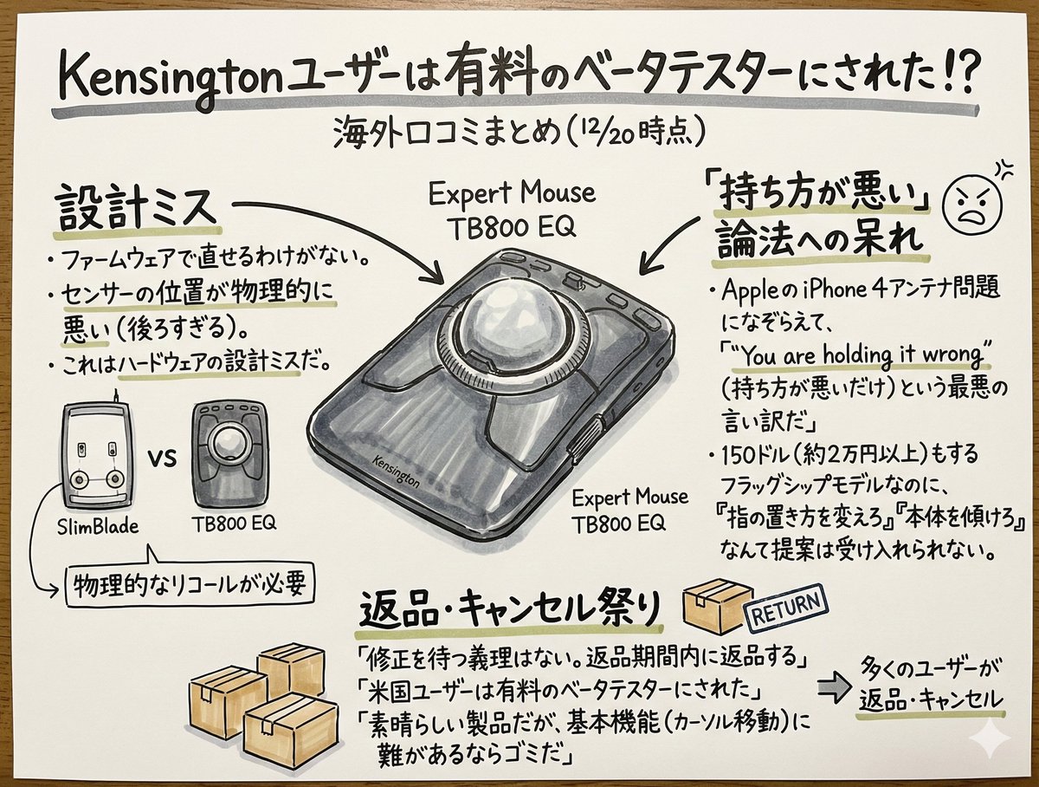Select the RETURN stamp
(786, 611)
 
